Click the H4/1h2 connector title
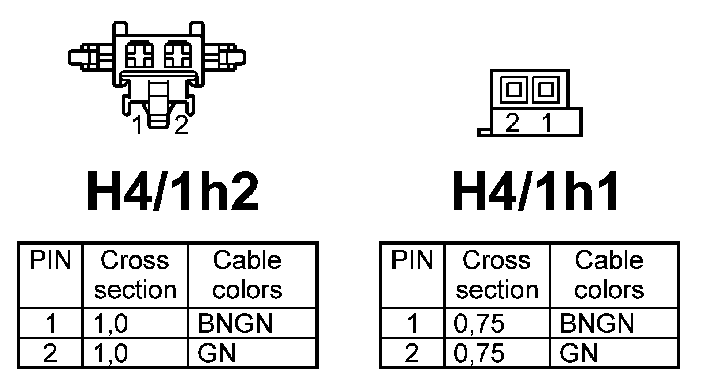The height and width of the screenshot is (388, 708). [173, 191]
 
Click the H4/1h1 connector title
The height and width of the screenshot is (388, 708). [535, 191]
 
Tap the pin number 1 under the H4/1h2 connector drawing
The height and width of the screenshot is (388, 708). [138, 126]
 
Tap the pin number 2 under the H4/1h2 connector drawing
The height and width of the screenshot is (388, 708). [181, 126]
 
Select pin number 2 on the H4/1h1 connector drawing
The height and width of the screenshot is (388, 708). [512, 123]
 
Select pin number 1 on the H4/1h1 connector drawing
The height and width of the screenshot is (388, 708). [547, 123]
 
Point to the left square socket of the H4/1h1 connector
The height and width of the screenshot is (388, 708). [513, 90]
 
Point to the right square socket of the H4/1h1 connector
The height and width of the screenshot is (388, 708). [546, 90]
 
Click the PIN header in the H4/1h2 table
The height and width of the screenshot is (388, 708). [50, 261]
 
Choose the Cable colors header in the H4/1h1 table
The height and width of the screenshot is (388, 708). [609, 275]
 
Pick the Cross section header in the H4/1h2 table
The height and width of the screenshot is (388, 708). [135, 275]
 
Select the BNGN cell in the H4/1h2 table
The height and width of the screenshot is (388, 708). [235, 323]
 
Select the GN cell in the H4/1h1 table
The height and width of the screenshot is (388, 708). [578, 354]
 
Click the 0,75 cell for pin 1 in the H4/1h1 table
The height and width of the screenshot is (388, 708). [479, 323]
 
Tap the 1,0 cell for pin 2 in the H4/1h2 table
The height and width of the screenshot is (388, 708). [111, 354]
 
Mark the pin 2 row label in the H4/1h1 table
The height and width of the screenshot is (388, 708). [412, 354]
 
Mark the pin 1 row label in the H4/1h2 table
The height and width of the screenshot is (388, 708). [51, 323]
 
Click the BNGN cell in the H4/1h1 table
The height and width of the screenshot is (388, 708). [596, 323]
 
